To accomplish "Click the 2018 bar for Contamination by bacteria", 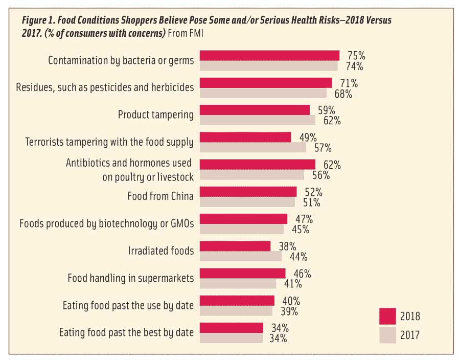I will [269, 55].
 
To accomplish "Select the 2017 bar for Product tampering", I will [257, 120].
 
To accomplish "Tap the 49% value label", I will [308, 137].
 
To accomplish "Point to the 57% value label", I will [323, 148].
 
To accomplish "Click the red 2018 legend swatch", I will [389, 316].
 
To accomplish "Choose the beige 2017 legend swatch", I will [389, 335].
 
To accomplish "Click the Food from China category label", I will [160, 196].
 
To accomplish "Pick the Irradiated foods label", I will [160, 251].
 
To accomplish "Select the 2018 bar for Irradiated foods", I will [235, 246].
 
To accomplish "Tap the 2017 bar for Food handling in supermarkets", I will [238, 284].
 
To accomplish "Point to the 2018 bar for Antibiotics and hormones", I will [257, 164].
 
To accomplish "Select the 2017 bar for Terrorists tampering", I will [252, 147].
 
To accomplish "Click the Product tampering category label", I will [155, 115].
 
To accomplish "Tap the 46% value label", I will [302, 273].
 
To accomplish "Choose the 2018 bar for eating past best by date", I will [231, 327].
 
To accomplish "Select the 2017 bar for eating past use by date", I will [236, 311].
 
